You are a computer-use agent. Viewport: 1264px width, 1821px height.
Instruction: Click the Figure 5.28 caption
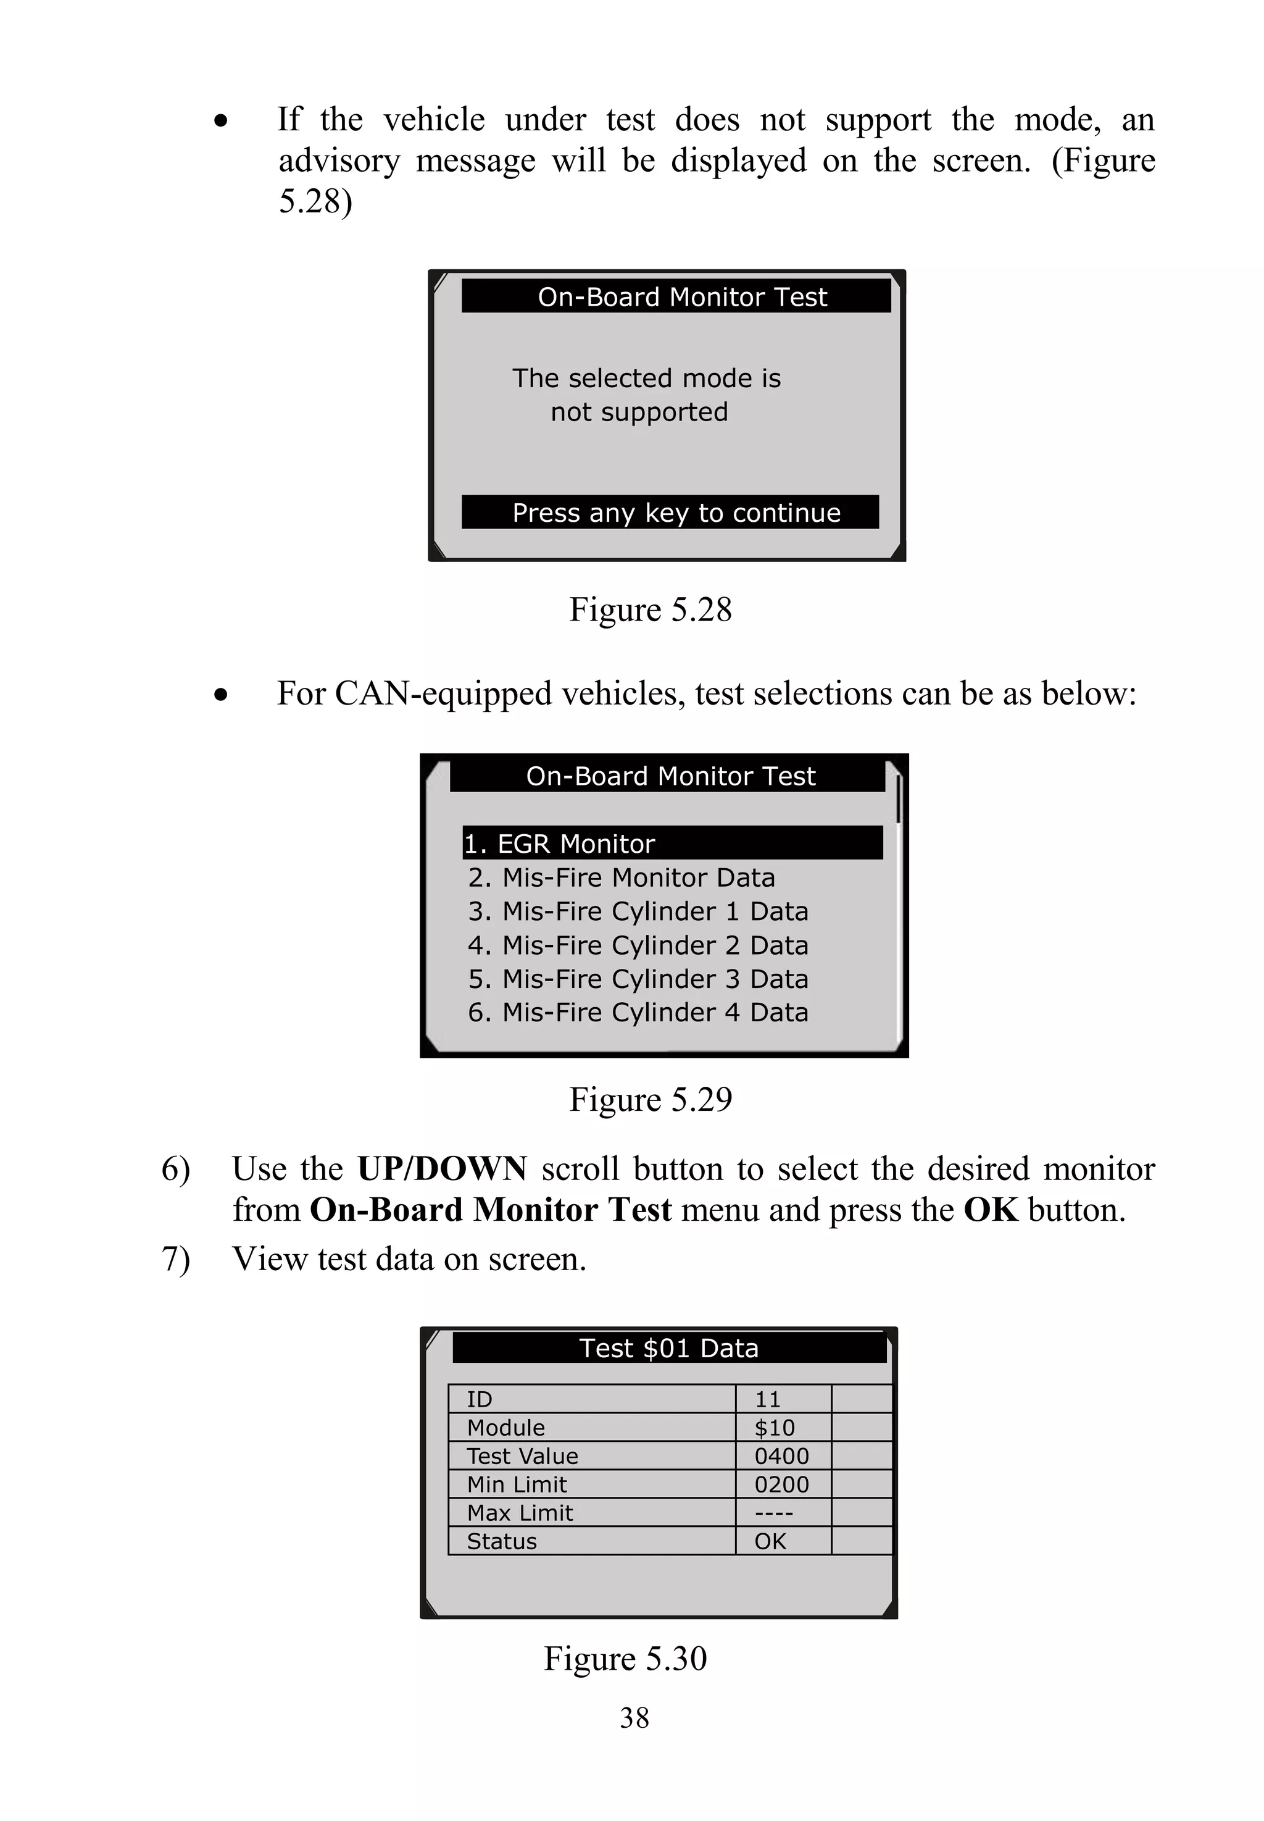pos(651,609)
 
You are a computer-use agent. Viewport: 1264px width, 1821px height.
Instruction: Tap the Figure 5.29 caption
pos(651,1099)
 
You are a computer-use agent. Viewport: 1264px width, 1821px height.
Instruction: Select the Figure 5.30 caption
pos(625,1659)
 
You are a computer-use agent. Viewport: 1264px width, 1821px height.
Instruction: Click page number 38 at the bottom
pos(634,1718)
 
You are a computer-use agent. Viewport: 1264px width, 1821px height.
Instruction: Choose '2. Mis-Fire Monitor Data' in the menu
pos(621,877)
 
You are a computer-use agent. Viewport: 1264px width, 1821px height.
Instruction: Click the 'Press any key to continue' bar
pos(670,513)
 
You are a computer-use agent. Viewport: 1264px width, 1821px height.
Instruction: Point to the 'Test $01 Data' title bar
pos(668,1348)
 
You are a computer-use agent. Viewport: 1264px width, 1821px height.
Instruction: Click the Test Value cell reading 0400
pos(782,1455)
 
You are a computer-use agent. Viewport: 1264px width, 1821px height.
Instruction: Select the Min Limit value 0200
pos(782,1484)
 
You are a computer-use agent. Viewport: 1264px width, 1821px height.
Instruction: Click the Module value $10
pos(774,1427)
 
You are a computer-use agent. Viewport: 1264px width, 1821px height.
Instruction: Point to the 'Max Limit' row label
pos(520,1513)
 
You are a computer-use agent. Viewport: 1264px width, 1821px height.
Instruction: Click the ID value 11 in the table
pos(767,1399)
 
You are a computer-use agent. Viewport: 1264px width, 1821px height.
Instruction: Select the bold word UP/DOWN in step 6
pos(441,1169)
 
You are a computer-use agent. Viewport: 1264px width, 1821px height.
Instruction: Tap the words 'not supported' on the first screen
pos(639,412)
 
